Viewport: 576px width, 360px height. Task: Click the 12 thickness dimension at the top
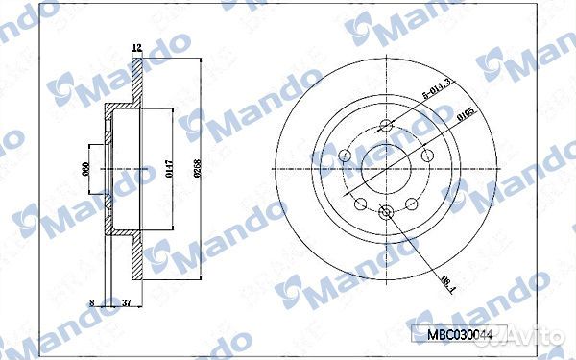(x=136, y=47)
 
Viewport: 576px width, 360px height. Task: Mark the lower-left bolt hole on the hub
(x=361, y=204)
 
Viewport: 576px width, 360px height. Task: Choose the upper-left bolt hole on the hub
(x=347, y=154)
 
